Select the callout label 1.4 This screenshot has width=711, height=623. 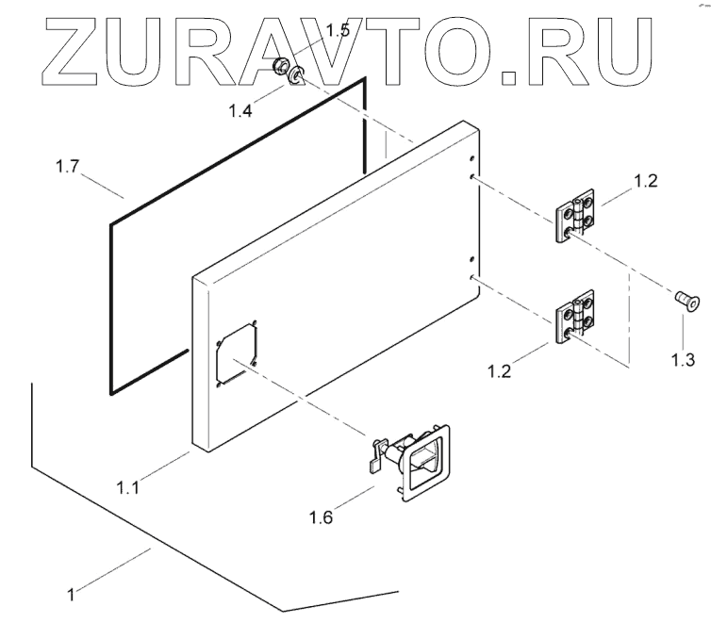coord(240,110)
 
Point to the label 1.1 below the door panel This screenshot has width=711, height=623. coord(130,487)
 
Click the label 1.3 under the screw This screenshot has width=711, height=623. coord(682,358)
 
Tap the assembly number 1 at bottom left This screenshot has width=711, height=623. coord(71,595)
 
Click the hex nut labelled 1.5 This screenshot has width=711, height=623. coord(279,66)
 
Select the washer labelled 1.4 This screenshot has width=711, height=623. coord(297,75)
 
